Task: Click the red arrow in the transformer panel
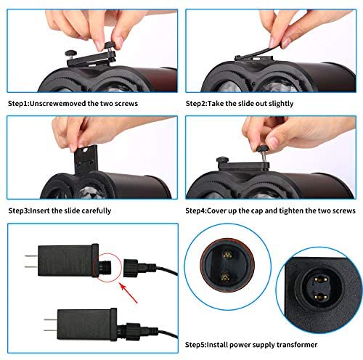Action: click(129, 293)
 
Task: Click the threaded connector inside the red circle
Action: click(105, 267)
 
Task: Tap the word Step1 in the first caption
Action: click(18, 104)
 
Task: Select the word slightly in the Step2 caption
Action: click(281, 104)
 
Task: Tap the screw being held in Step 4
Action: click(263, 152)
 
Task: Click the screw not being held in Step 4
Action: click(223, 160)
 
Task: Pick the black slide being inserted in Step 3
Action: click(86, 160)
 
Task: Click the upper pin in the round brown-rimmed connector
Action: click(227, 255)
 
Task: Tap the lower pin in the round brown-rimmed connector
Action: click(225, 277)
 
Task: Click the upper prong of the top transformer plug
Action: click(31, 256)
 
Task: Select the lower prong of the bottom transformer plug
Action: click(51, 330)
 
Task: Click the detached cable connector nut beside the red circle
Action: click(131, 268)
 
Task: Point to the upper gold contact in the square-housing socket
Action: click(321, 280)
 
